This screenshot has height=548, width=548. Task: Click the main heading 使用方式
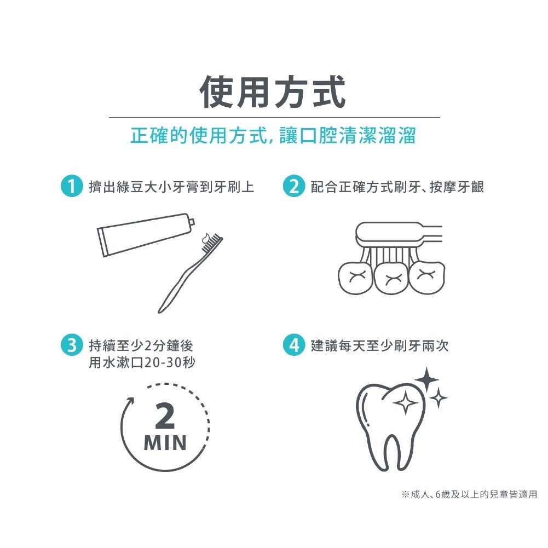tap(273, 92)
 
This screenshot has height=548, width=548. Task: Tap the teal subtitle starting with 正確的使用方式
tap(273, 135)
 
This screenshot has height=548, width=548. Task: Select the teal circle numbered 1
tap(72, 186)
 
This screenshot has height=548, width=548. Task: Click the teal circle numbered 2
tap(294, 186)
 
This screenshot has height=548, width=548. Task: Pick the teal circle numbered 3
tap(72, 345)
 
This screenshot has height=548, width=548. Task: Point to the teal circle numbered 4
tap(294, 345)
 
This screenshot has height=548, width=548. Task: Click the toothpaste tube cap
tap(191, 222)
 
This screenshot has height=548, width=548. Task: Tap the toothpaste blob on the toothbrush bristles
tap(207, 238)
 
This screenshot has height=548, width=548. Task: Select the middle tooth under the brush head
tap(391, 278)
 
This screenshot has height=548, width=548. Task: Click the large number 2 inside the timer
tap(165, 416)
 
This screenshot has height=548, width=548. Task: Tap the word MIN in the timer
tap(165, 443)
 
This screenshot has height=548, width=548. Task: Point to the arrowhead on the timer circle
tap(130, 401)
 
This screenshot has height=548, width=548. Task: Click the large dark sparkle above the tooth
tap(426, 379)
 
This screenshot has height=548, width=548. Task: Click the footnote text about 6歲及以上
tap(469, 494)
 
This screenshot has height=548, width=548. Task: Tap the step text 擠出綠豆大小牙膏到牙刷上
tap(171, 187)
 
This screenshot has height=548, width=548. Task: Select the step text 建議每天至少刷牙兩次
tap(380, 345)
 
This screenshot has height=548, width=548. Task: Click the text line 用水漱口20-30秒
tap(142, 362)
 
